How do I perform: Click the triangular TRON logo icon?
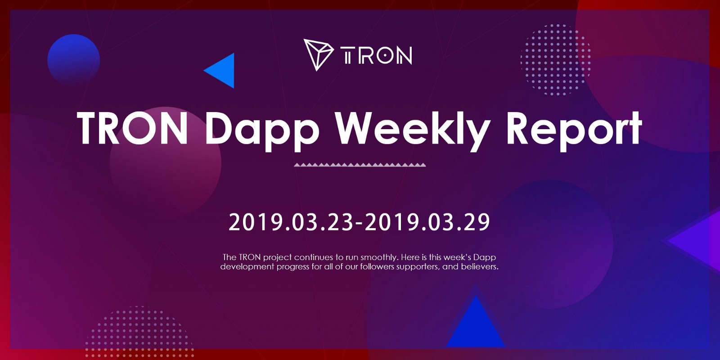click(x=318, y=54)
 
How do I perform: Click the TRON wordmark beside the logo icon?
click(x=376, y=55)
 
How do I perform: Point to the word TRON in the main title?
click(x=133, y=128)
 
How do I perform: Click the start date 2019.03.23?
click(x=292, y=222)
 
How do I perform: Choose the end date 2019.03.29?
click(x=427, y=222)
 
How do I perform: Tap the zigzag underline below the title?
click(x=360, y=165)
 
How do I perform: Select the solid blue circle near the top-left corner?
click(x=74, y=60)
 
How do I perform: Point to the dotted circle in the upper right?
click(x=555, y=60)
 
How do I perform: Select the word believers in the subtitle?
click(x=480, y=266)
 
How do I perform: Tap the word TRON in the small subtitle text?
click(x=249, y=257)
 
